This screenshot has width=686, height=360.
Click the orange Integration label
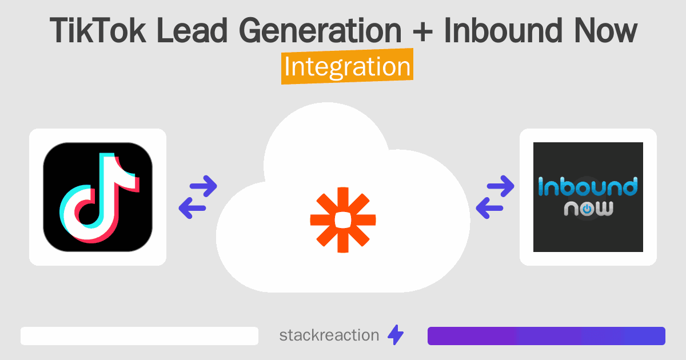click(347, 67)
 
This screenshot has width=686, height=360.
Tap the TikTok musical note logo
click(98, 197)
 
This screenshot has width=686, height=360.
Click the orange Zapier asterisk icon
click(343, 219)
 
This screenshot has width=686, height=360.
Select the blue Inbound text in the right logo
click(588, 187)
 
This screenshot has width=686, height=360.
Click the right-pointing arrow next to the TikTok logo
click(203, 185)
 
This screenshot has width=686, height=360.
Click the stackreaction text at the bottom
click(329, 335)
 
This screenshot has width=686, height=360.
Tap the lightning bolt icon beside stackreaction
click(396, 335)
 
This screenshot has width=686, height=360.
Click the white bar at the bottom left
click(139, 336)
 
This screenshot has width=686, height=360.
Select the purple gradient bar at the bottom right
click(546, 336)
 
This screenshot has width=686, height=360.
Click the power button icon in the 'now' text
click(588, 209)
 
